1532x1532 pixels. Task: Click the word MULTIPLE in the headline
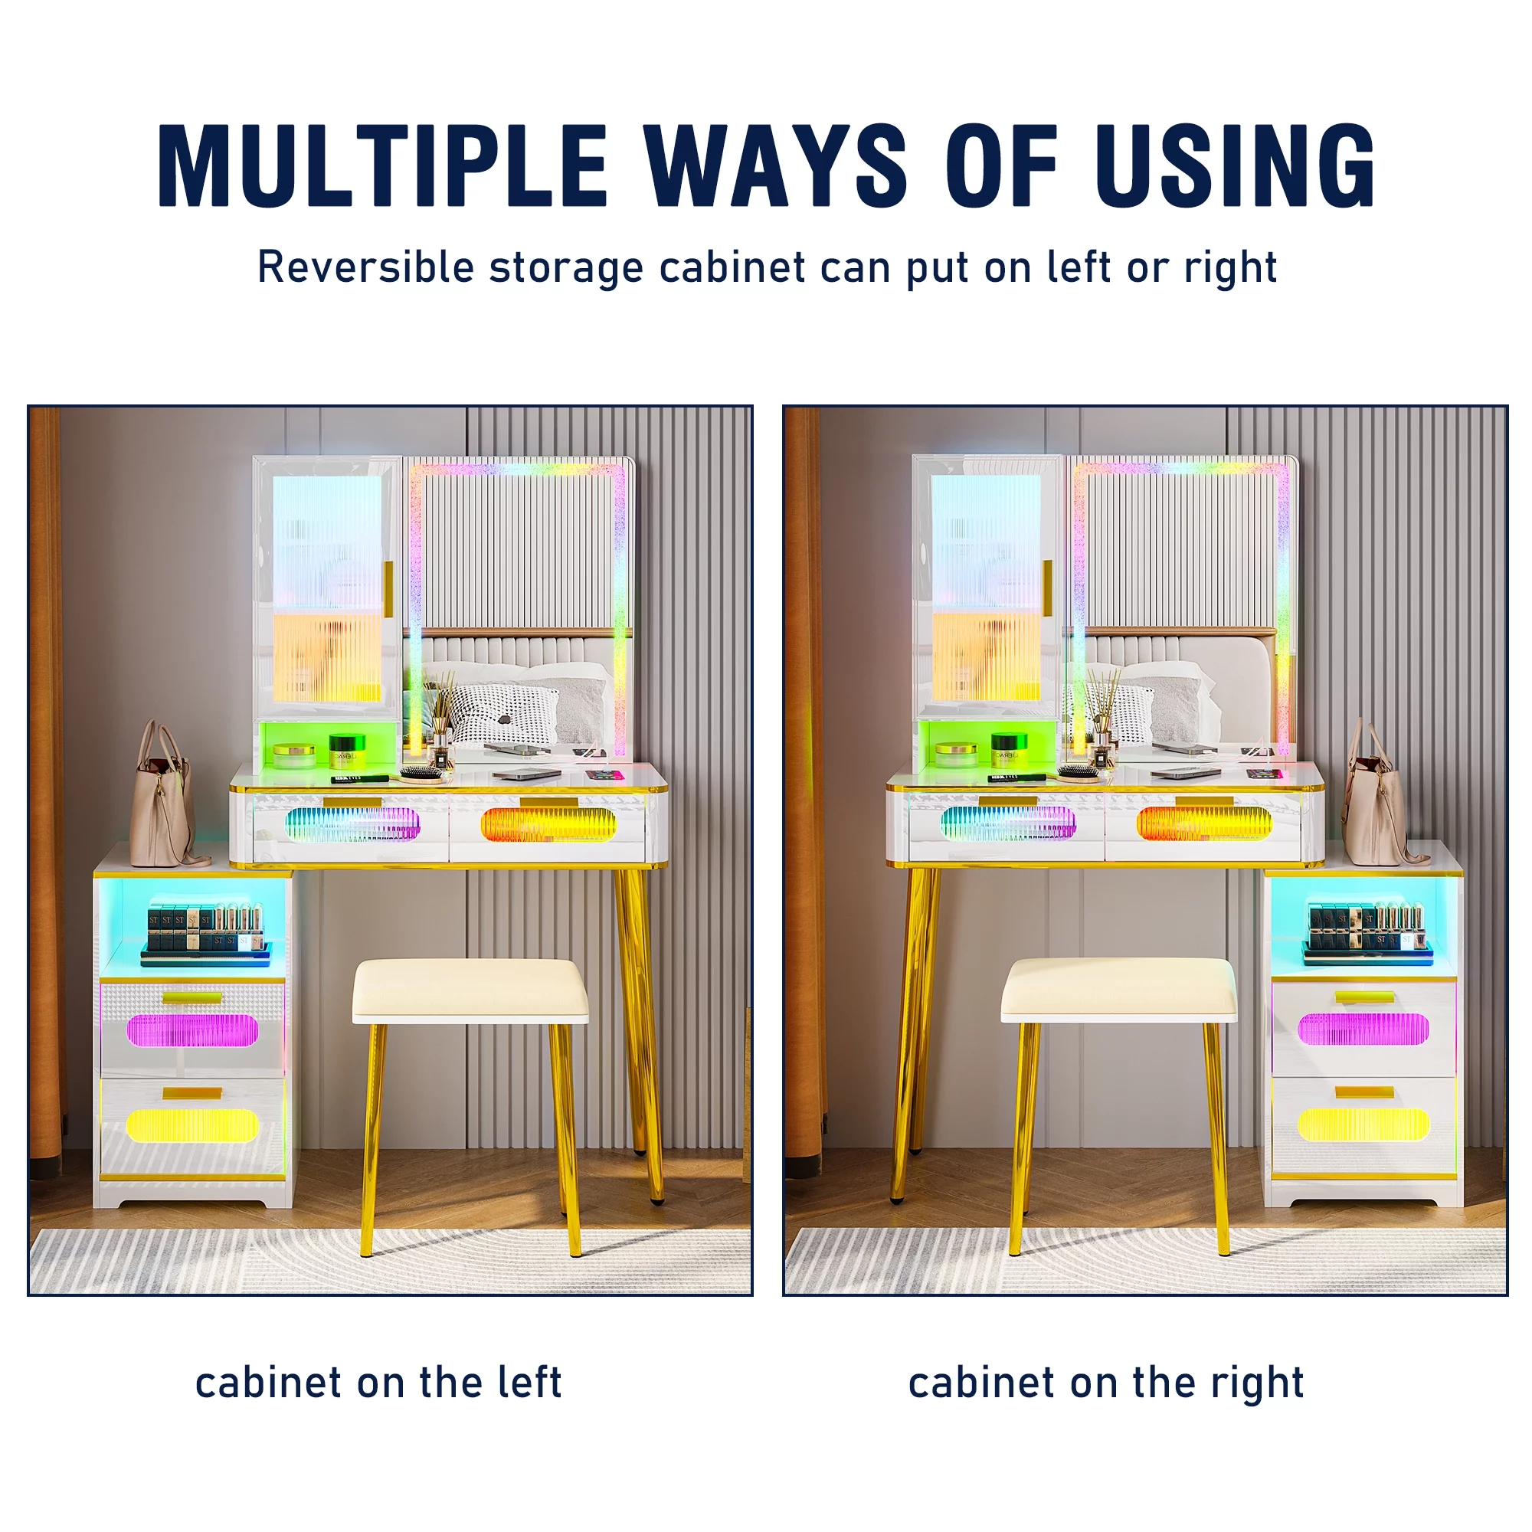tap(383, 165)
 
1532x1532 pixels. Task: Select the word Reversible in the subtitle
tap(365, 267)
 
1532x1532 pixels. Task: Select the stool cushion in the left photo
tap(470, 990)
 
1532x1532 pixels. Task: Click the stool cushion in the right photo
tap(1118, 990)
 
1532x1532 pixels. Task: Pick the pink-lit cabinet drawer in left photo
tap(193, 1029)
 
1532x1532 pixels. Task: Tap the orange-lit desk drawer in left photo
tap(548, 827)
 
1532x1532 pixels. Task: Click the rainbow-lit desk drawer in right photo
tap(1008, 826)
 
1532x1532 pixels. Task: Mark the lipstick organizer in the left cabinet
tap(205, 933)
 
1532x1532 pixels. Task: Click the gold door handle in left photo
tap(388, 589)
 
